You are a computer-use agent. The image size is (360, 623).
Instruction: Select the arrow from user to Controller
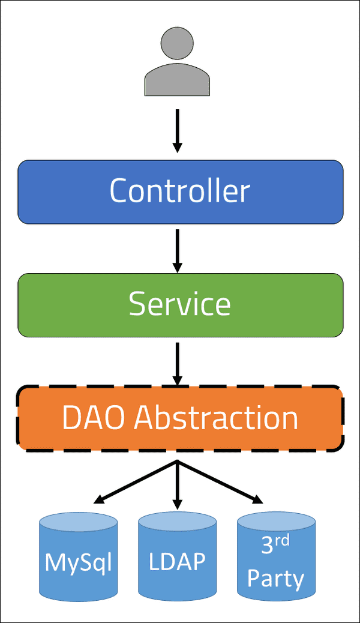[x=177, y=129]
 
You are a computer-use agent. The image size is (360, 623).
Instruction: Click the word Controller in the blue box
[x=180, y=191]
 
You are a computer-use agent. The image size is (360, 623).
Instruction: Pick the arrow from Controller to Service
[x=177, y=249]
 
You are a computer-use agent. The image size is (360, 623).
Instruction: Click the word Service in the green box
[x=180, y=304]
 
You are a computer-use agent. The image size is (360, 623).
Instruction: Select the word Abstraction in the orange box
[x=216, y=417]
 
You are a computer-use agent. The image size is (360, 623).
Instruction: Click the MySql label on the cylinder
[x=79, y=562]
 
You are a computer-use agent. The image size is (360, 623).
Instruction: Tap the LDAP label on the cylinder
[x=177, y=562]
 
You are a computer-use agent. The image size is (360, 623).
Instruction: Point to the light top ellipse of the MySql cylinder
[x=79, y=521]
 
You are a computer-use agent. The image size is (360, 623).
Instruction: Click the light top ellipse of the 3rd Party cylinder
[x=276, y=520]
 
